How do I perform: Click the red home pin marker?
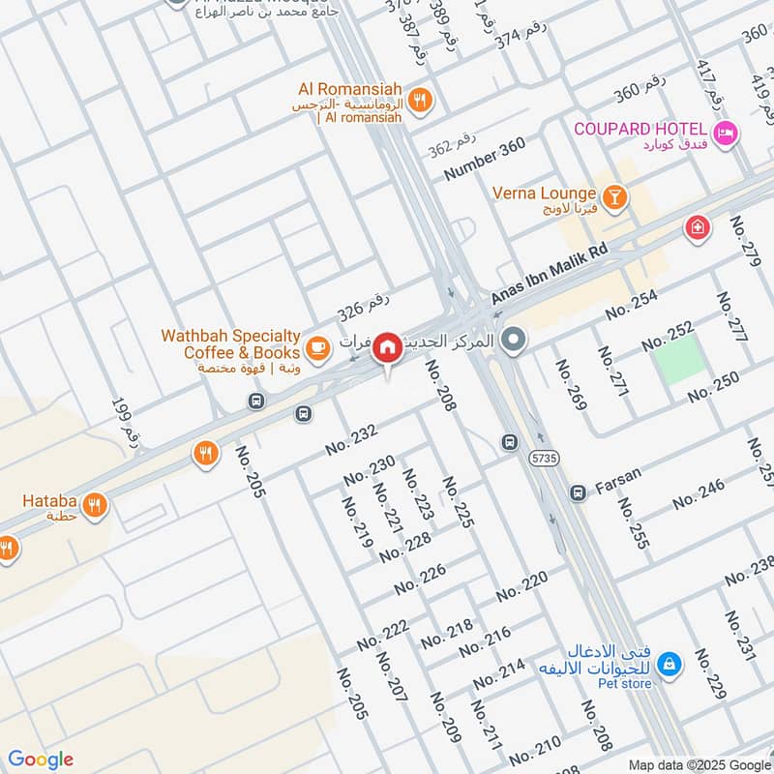(x=387, y=346)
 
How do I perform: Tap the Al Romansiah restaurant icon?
(x=421, y=99)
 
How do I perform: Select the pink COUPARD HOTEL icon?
(x=725, y=133)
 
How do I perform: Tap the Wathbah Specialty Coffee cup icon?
(x=315, y=345)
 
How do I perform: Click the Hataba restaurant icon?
(x=94, y=505)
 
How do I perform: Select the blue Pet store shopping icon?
(x=668, y=665)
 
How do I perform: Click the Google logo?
(x=41, y=759)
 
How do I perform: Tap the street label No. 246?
(x=699, y=493)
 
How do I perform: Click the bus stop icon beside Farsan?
(x=578, y=493)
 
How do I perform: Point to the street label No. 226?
(x=420, y=580)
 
